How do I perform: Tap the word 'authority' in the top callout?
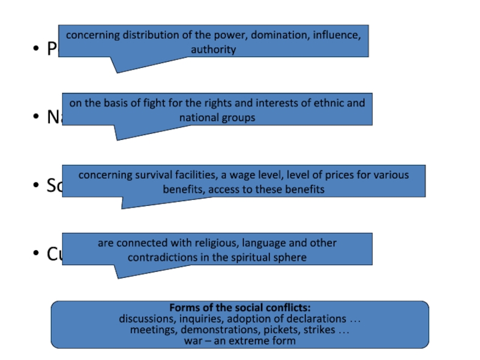coord(213,49)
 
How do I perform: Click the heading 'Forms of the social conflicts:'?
coord(240,308)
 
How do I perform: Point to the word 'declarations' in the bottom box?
coord(316,319)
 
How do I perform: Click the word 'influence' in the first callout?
coord(336,35)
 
